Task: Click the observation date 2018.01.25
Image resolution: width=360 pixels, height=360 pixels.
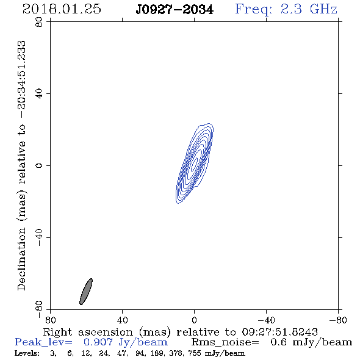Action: click(x=62, y=9)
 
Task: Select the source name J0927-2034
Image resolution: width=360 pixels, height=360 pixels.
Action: click(x=175, y=10)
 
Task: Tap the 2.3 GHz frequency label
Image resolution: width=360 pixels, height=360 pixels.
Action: click(x=309, y=9)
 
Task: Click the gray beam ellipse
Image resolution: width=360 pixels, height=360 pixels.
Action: click(x=86, y=292)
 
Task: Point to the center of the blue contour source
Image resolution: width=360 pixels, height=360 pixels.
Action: click(x=195, y=164)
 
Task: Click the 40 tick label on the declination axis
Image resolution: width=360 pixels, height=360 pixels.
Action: click(x=39, y=93)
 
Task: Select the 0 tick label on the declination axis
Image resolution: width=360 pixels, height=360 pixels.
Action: click(x=39, y=165)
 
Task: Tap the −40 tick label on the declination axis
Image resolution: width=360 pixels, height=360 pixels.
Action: click(x=39, y=237)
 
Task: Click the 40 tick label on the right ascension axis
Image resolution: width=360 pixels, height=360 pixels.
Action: click(x=122, y=320)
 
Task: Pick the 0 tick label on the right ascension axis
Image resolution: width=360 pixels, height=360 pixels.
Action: click(x=194, y=320)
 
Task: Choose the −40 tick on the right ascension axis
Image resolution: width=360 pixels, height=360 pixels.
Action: click(x=266, y=320)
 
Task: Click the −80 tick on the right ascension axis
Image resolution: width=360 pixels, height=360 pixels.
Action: click(x=338, y=320)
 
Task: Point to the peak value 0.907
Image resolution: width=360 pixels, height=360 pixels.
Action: click(x=98, y=342)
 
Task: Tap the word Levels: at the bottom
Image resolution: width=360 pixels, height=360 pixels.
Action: click(x=27, y=353)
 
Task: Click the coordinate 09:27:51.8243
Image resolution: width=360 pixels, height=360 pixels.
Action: click(x=279, y=332)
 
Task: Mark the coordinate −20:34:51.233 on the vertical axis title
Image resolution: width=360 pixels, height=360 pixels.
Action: click(x=22, y=80)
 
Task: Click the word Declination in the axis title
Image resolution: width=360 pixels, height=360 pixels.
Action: click(x=21, y=259)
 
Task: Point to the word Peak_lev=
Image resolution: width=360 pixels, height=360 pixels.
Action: click(x=43, y=342)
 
